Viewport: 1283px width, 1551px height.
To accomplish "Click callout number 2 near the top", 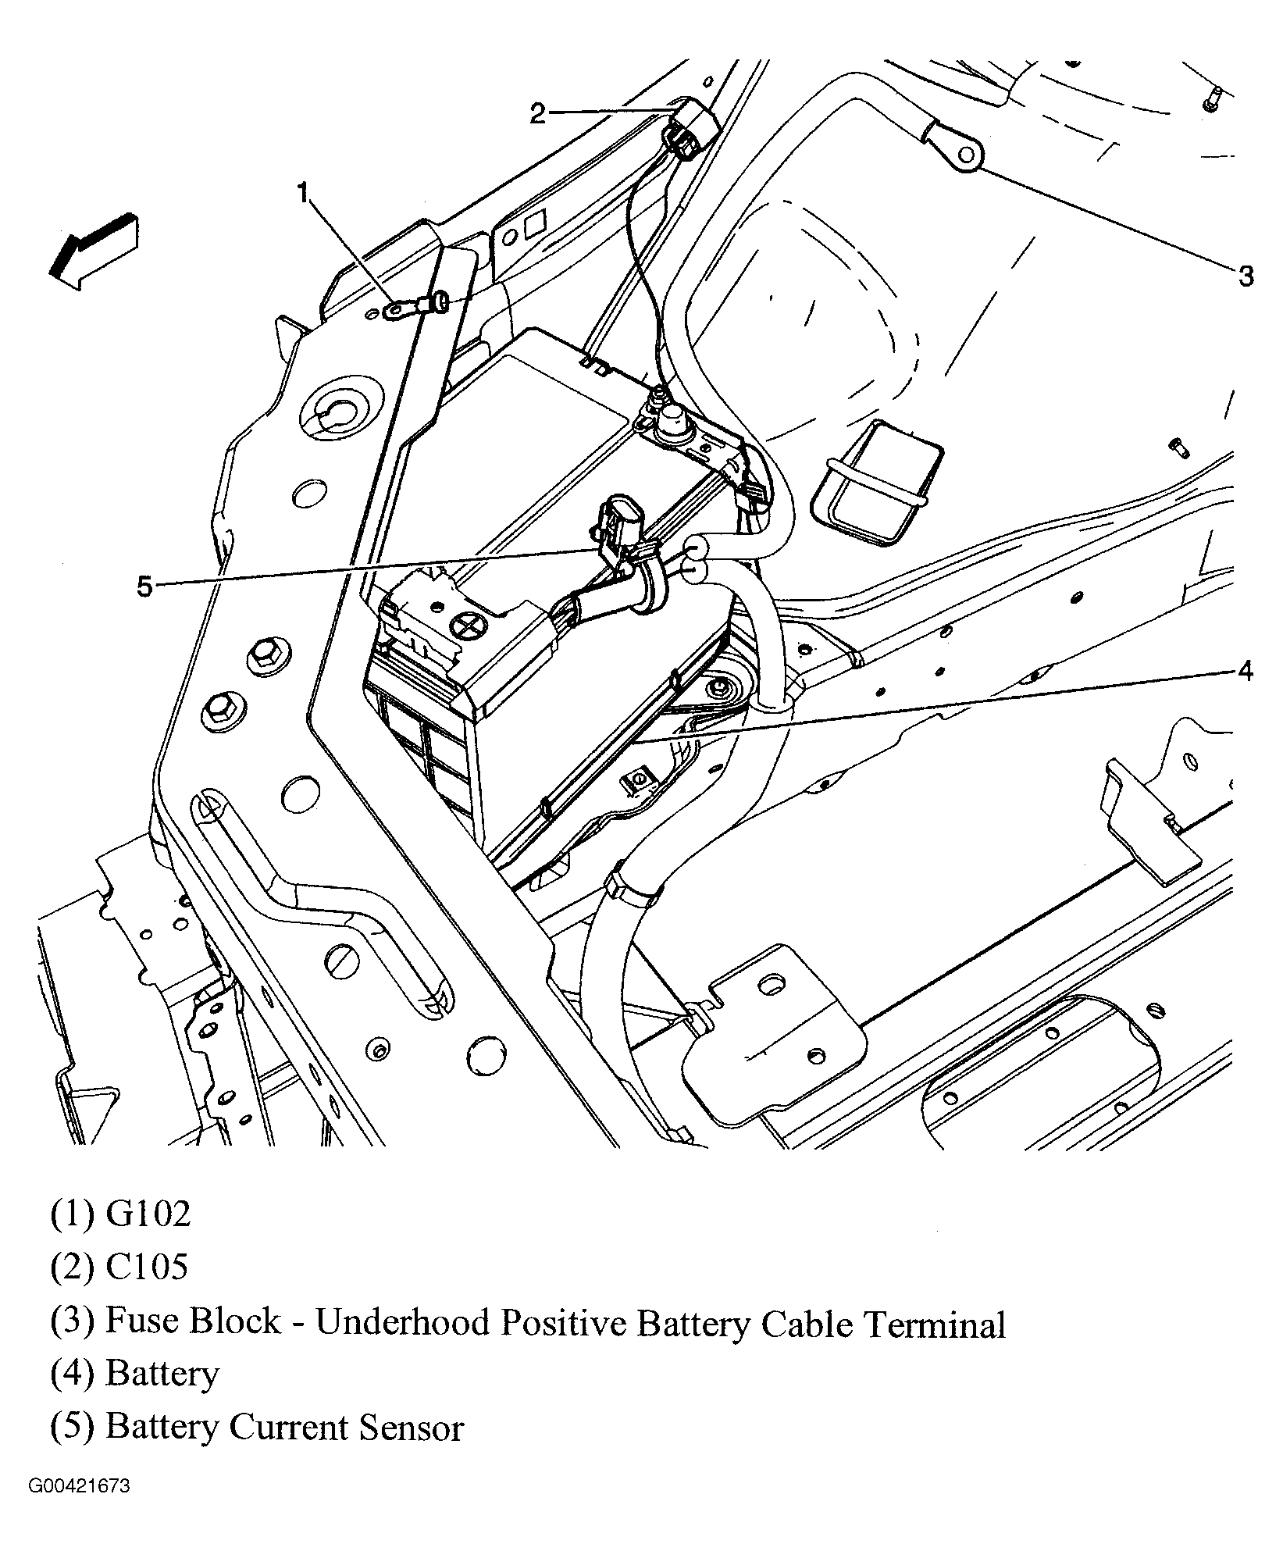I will click(x=537, y=113).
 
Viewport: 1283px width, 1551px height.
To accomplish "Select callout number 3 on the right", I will click(x=1245, y=275).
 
